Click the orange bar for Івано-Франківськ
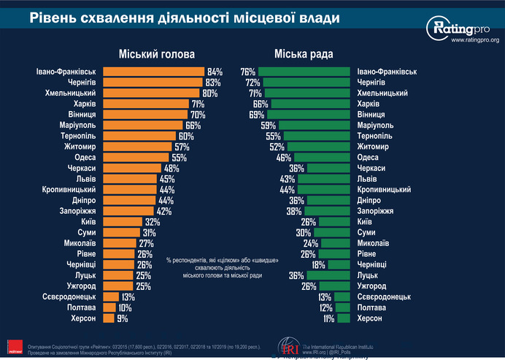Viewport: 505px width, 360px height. coord(154,72)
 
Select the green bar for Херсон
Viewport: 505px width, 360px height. coord(343,318)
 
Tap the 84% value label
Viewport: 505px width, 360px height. coord(215,72)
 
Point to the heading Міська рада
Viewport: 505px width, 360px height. coord(304,53)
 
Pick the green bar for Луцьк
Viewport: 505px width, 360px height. coord(330,275)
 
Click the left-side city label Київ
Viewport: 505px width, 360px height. coord(89,222)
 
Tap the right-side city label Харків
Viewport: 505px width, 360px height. coord(371,104)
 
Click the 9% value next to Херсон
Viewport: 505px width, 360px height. coord(123,318)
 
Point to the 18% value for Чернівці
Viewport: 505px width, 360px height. coord(318,265)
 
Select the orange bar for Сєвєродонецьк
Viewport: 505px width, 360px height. coord(111,297)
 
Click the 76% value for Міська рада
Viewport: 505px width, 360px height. coord(247,72)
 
